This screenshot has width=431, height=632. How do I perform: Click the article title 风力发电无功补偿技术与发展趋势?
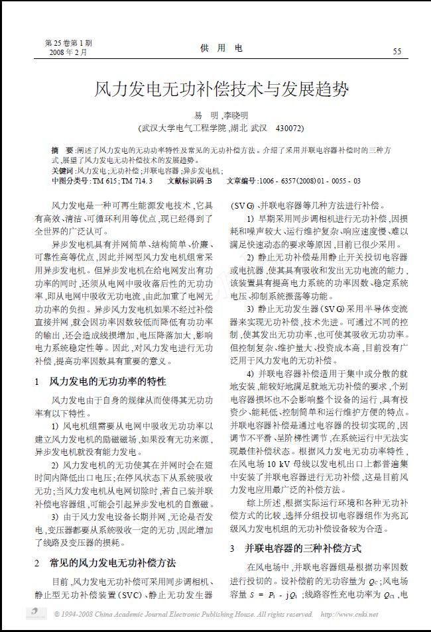click(221, 89)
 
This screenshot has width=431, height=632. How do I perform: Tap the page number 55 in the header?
click(397, 51)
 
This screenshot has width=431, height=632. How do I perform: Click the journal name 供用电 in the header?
click(221, 48)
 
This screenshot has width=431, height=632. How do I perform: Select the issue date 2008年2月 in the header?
click(68, 52)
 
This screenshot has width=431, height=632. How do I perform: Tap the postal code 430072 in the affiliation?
click(290, 127)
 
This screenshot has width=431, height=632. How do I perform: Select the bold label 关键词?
click(63, 170)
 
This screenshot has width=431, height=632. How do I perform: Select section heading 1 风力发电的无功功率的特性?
click(100, 382)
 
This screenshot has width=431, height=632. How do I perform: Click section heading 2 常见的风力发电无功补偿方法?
click(105, 562)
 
